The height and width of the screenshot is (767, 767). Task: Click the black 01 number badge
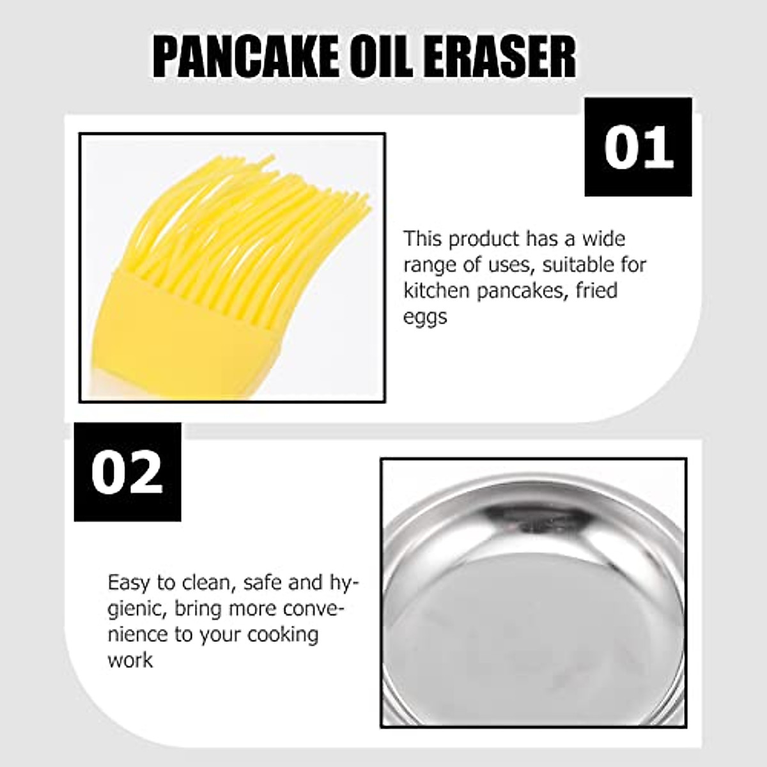(x=638, y=147)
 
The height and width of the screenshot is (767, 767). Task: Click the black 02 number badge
(x=127, y=472)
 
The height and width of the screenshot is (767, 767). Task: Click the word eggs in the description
(x=425, y=318)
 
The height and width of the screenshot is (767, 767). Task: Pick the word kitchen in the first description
(x=432, y=291)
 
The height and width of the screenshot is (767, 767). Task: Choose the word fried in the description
(x=596, y=291)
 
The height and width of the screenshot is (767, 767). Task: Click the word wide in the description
(x=603, y=239)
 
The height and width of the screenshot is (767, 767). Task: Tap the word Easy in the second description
(x=130, y=584)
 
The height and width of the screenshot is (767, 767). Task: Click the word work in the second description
(x=130, y=660)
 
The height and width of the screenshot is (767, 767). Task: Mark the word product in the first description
(x=484, y=240)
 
